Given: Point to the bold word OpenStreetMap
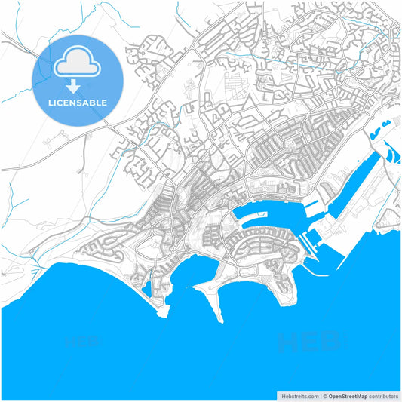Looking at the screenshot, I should click(348, 395).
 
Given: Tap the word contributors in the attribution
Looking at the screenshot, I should click(384, 395).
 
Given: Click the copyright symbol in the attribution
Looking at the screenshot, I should click(325, 395).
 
